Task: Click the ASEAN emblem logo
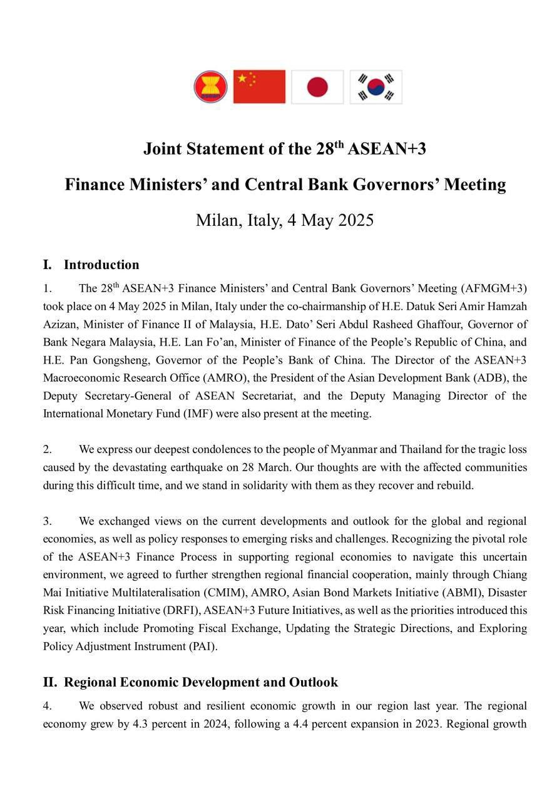210,87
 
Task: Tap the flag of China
259,87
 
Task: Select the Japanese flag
317,87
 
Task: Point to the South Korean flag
376,87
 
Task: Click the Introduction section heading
101,265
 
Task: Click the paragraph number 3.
47,521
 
